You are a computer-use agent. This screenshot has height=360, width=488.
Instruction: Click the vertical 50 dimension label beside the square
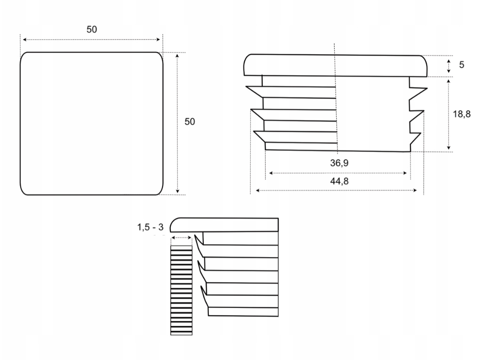point(190,122)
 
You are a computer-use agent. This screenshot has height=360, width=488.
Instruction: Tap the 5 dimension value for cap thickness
point(461,65)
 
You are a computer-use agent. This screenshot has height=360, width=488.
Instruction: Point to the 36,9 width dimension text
point(339,163)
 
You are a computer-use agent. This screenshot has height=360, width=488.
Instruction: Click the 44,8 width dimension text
point(339,181)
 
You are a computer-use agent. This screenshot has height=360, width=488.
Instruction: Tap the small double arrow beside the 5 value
point(449,66)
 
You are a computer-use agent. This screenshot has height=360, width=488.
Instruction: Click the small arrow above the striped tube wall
point(181,238)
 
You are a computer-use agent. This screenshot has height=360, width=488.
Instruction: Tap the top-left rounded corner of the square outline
point(24,56)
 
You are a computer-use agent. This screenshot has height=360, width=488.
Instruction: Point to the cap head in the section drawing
point(227,225)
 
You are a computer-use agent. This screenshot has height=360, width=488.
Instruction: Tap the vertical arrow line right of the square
point(177,123)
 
